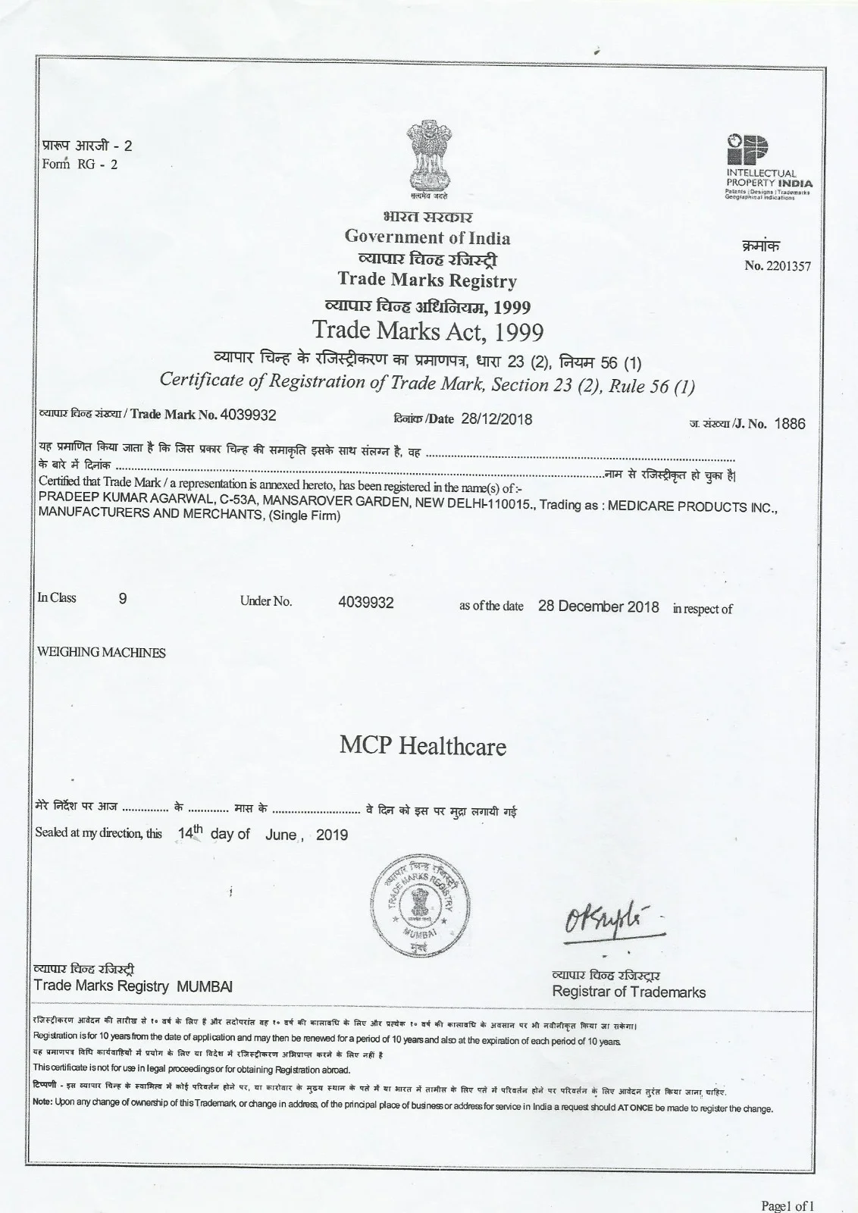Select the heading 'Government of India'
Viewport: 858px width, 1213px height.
(427, 237)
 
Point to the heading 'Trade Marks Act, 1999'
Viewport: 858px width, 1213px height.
(428, 332)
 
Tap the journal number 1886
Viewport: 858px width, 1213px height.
(791, 424)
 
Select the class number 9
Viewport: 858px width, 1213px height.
(123, 597)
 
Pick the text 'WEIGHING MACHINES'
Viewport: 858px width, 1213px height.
(102, 653)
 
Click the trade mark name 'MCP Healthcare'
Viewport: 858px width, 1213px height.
(422, 747)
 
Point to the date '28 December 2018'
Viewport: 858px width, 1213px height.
(598, 606)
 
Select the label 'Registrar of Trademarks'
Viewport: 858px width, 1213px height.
(628, 992)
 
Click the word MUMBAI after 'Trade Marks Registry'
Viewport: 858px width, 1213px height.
(205, 986)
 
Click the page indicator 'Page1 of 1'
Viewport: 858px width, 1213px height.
(788, 1206)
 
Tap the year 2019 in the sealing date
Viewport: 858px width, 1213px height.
(331, 835)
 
